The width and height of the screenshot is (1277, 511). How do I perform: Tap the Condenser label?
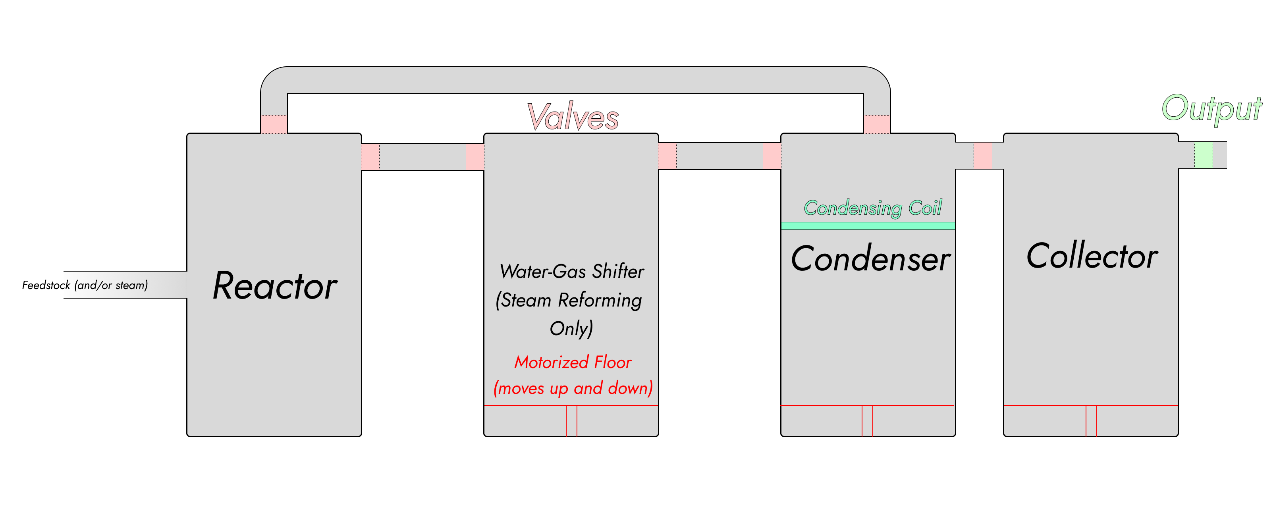pos(870,259)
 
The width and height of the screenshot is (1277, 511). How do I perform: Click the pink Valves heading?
pos(573,117)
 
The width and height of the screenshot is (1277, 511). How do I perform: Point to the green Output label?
pos(1211,108)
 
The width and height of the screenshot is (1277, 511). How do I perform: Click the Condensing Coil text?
pos(872,208)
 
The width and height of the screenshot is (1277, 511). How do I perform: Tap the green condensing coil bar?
pos(868,226)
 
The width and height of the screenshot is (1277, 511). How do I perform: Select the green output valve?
pos(1203,155)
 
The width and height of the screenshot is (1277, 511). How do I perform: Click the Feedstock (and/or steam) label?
pos(85,285)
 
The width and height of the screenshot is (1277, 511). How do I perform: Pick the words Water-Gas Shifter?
pos(571,272)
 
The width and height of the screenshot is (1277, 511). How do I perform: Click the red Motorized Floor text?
pos(573,363)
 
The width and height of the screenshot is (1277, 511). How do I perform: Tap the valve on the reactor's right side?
pos(370,156)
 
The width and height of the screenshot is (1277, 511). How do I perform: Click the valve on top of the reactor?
pos(274,124)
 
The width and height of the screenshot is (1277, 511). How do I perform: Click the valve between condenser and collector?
pos(982,156)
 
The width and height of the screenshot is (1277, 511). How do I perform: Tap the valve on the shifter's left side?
pos(475,156)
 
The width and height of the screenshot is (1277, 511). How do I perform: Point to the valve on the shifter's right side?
pos(667,156)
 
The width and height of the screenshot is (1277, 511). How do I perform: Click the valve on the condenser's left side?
pos(772,156)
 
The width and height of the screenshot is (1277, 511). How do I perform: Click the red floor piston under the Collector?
pos(1091,421)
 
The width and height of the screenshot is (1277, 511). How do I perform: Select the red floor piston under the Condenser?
pos(867,421)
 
